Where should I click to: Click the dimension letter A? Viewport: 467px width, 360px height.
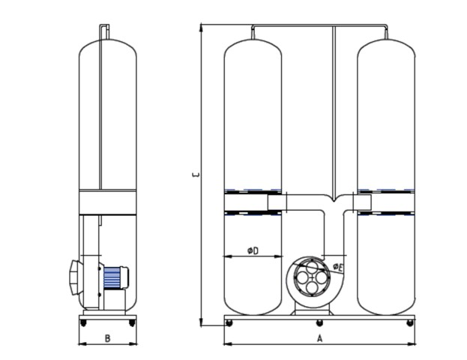pos(319,338)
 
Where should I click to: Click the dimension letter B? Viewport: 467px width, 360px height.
pos(107,338)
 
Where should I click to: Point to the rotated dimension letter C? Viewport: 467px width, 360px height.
pos(196,175)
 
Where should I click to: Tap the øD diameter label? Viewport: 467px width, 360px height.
pos(253,251)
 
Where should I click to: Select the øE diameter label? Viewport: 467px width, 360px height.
pos(338,267)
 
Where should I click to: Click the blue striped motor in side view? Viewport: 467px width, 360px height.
pos(112,277)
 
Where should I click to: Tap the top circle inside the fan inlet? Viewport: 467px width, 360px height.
pos(312,267)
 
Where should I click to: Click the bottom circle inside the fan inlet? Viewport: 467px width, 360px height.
pos(312,288)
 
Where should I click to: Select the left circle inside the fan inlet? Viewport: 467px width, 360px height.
pos(302,277)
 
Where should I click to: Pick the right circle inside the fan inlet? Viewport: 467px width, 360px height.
pos(322,277)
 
